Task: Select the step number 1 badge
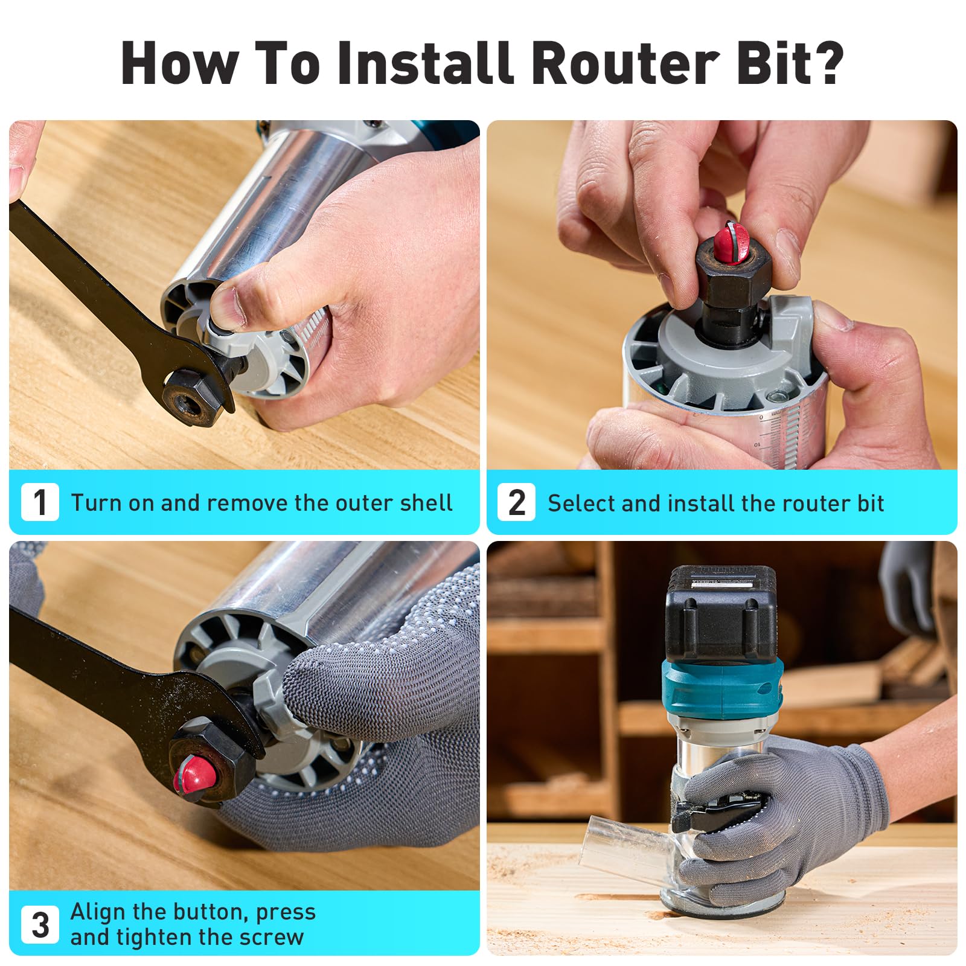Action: tap(40, 502)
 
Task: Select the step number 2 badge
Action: tap(516, 502)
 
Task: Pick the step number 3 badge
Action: tap(40, 924)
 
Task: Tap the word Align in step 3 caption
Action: tap(98, 912)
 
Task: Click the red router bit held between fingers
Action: tap(733, 241)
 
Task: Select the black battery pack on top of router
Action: tap(721, 613)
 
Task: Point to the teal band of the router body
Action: tap(721, 688)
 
